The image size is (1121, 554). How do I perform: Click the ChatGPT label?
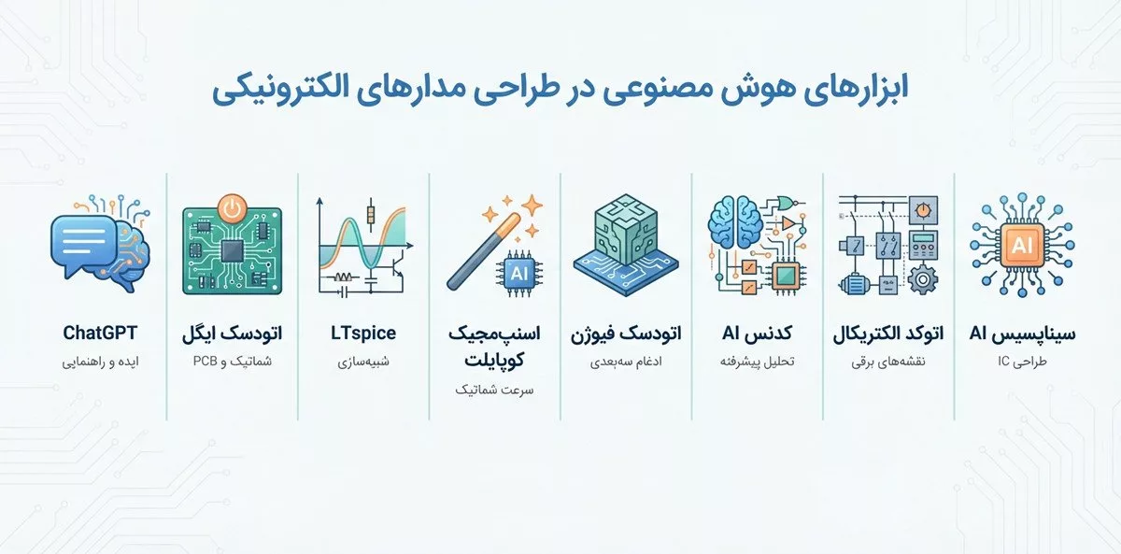100,333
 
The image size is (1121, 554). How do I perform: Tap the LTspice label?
363,334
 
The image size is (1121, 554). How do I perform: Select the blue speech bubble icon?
83,243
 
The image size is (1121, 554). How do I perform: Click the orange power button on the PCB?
233,208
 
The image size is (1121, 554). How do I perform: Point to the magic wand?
484,251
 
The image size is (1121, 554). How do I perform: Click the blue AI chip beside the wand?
519,273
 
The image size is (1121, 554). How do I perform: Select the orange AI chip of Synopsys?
1022,245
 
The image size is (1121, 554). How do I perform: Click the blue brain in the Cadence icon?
734,222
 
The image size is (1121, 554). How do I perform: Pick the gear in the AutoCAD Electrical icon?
922,280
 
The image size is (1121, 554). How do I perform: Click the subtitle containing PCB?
233,362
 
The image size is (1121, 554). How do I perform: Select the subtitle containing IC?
1022,362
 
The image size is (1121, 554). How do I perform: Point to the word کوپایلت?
494,361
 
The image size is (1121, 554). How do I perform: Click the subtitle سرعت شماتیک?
494,390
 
